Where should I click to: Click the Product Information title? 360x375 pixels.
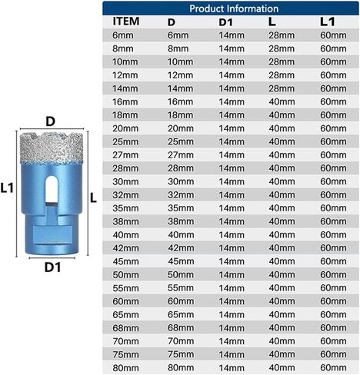234,8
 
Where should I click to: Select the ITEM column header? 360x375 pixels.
126,21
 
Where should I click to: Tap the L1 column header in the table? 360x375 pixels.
328,22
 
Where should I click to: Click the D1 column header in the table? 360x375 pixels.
225,22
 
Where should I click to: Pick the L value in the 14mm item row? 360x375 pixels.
282,88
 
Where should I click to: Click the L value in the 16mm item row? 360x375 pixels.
282,101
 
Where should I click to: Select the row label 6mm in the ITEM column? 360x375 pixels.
123,35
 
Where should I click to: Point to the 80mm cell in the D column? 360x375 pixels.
181,368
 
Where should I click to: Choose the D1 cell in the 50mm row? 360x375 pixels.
232,274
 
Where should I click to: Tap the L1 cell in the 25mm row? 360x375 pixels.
333,141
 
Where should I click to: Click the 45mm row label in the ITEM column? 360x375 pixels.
125,261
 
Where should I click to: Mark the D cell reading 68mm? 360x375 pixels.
181,328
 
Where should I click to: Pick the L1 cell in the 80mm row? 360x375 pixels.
333,368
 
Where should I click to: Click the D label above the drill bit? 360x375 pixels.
50,121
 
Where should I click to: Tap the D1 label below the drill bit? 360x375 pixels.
52,267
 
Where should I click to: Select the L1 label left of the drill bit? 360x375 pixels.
7,188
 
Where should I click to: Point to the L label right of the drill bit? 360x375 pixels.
93,197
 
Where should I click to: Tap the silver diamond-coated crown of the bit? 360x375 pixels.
52,148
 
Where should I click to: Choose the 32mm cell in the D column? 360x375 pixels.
181,195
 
